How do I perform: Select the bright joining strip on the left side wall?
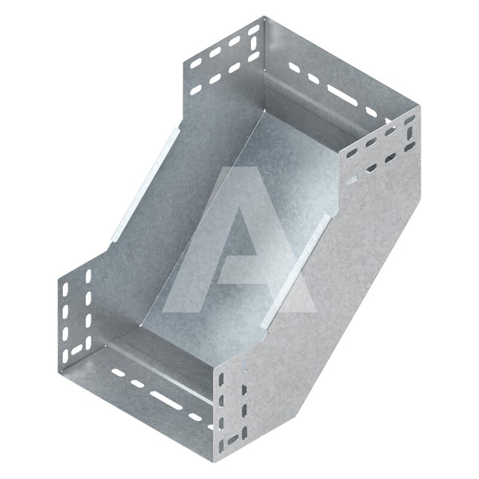tap(144, 185)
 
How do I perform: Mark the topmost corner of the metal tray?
tap(265, 17)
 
